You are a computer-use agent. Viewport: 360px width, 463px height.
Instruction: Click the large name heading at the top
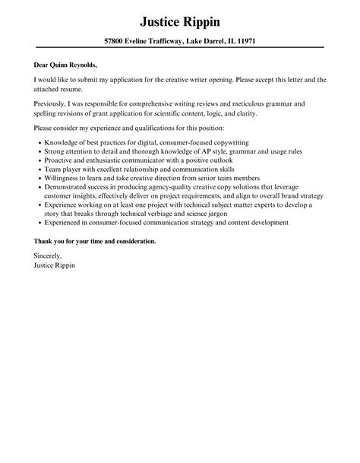[x=180, y=17]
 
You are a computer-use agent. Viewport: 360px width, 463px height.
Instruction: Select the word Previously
[x=52, y=101]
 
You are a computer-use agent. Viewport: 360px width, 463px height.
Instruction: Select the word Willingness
[x=65, y=182]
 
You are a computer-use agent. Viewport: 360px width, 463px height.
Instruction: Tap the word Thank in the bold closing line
[x=44, y=241]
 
